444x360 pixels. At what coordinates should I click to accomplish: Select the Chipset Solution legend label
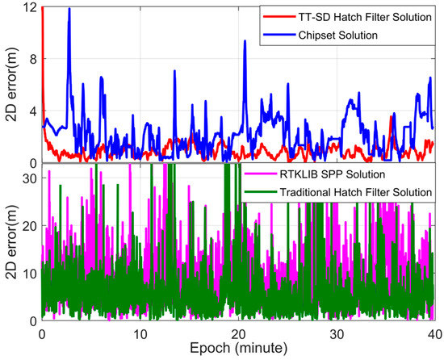point(329,36)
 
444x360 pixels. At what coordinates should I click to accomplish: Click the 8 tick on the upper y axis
point(31,59)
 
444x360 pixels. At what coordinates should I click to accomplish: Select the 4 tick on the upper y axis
point(31,111)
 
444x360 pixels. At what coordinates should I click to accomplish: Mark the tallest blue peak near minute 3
point(69,9)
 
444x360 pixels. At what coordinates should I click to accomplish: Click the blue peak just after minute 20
point(245,41)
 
